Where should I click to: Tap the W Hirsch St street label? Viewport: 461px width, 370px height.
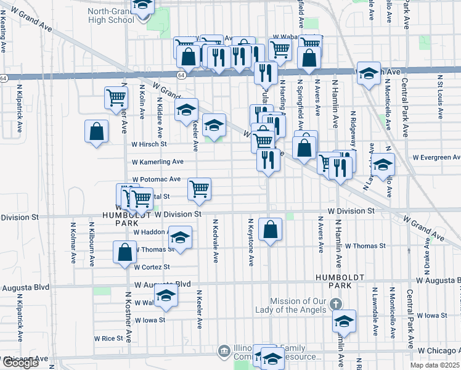click(x=149, y=144)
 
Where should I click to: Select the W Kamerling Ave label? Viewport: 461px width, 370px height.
click(x=158, y=162)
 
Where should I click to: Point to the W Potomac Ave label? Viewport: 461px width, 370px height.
click(x=156, y=179)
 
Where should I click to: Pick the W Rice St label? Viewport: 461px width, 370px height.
click(x=109, y=338)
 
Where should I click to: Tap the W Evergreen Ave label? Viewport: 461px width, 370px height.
click(x=436, y=157)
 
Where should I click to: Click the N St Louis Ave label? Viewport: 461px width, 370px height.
click(x=441, y=98)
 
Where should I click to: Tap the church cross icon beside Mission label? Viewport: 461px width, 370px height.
click(x=335, y=304)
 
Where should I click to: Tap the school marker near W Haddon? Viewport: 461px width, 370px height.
click(x=180, y=237)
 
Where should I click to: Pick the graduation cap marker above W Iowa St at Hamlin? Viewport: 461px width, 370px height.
click(x=345, y=321)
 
